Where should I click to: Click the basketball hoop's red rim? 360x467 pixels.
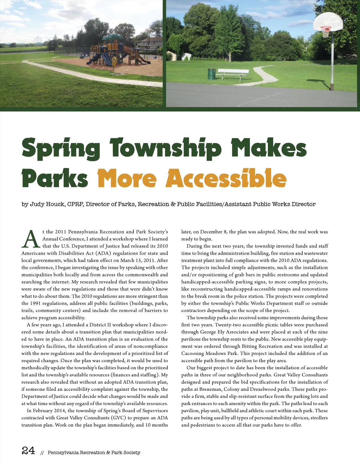pos(325,28)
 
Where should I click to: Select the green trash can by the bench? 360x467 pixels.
pos(211,74)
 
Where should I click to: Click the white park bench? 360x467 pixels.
pos(233,73)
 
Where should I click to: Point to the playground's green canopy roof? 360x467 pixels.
pos(112,37)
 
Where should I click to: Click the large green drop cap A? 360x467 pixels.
pos(31,239)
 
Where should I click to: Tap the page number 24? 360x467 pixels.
pos(28,451)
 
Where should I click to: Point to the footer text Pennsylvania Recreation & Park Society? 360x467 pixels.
pos(94,453)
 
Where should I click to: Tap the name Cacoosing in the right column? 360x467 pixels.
pos(193,353)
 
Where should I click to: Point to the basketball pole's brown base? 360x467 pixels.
pos(332,87)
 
